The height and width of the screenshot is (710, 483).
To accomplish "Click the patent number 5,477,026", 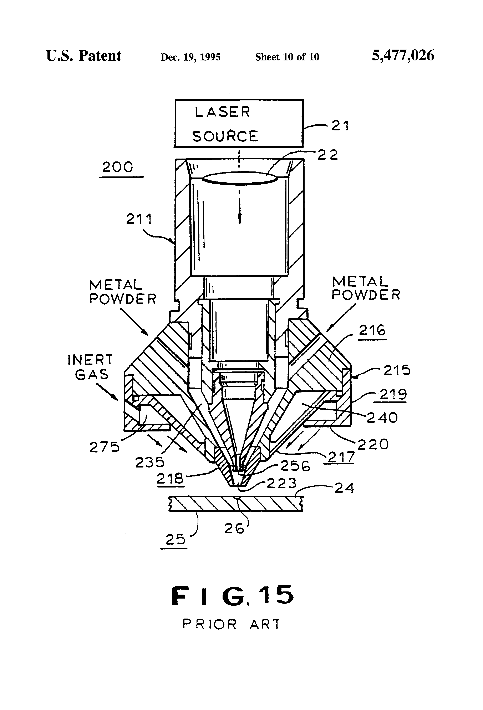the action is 403,56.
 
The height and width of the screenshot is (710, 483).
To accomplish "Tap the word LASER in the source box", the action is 222,112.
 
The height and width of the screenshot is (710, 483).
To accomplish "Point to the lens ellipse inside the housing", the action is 239,178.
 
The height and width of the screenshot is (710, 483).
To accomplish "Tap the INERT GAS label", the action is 90,367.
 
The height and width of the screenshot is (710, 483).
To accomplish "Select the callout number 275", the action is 105,447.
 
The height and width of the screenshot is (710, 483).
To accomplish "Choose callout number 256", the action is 295,466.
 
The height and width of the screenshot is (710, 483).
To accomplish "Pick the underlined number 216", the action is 372,330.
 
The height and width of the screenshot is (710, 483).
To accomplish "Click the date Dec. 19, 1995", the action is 190,57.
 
